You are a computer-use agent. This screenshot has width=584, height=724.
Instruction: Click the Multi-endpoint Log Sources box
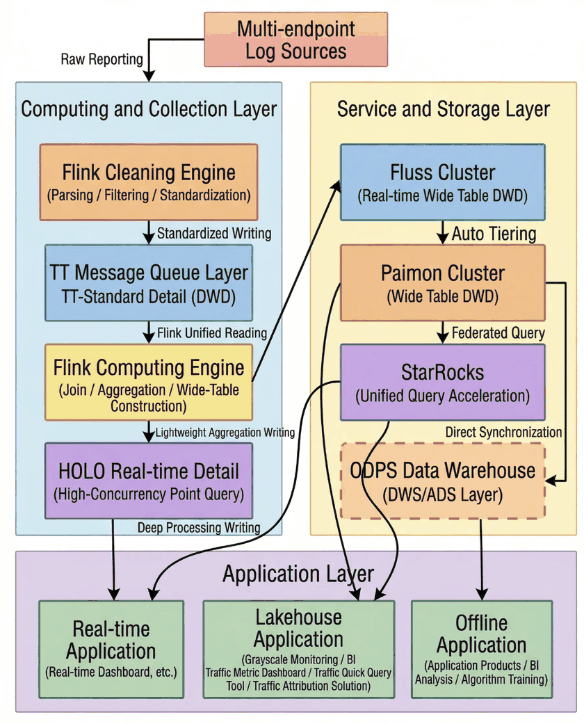pyautogui.click(x=295, y=40)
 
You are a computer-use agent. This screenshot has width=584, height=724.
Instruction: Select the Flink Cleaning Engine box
pyautogui.click(x=149, y=182)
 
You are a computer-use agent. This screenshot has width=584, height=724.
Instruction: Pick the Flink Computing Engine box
pyautogui.click(x=149, y=381)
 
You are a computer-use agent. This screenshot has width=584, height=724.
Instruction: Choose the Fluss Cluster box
pyautogui.click(x=442, y=182)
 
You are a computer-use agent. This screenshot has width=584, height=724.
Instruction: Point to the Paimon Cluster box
pyautogui.click(x=442, y=284)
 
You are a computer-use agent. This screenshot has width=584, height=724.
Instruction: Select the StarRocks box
pyautogui.click(x=442, y=382)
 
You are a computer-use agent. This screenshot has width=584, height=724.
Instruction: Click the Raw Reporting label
pyautogui.click(x=102, y=59)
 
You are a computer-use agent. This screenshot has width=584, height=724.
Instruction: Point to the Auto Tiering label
pyautogui.click(x=494, y=234)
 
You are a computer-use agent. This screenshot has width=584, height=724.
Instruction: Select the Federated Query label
pyautogui.click(x=498, y=332)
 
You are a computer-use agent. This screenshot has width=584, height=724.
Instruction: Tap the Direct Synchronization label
pyautogui.click(x=503, y=432)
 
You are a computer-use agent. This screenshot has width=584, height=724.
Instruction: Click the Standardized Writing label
pyautogui.click(x=214, y=234)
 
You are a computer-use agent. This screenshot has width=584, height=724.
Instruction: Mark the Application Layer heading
pyautogui.click(x=298, y=574)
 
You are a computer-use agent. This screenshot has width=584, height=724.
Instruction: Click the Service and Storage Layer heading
pyautogui.click(x=443, y=109)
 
